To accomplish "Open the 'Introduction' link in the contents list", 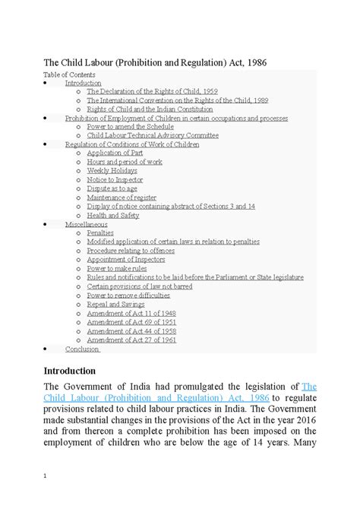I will point(83,83).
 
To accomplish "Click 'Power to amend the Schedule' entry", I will point(131,127).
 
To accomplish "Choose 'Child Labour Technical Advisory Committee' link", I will point(153,135).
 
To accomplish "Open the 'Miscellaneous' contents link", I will point(86,223).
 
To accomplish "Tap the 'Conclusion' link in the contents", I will point(82,349).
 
